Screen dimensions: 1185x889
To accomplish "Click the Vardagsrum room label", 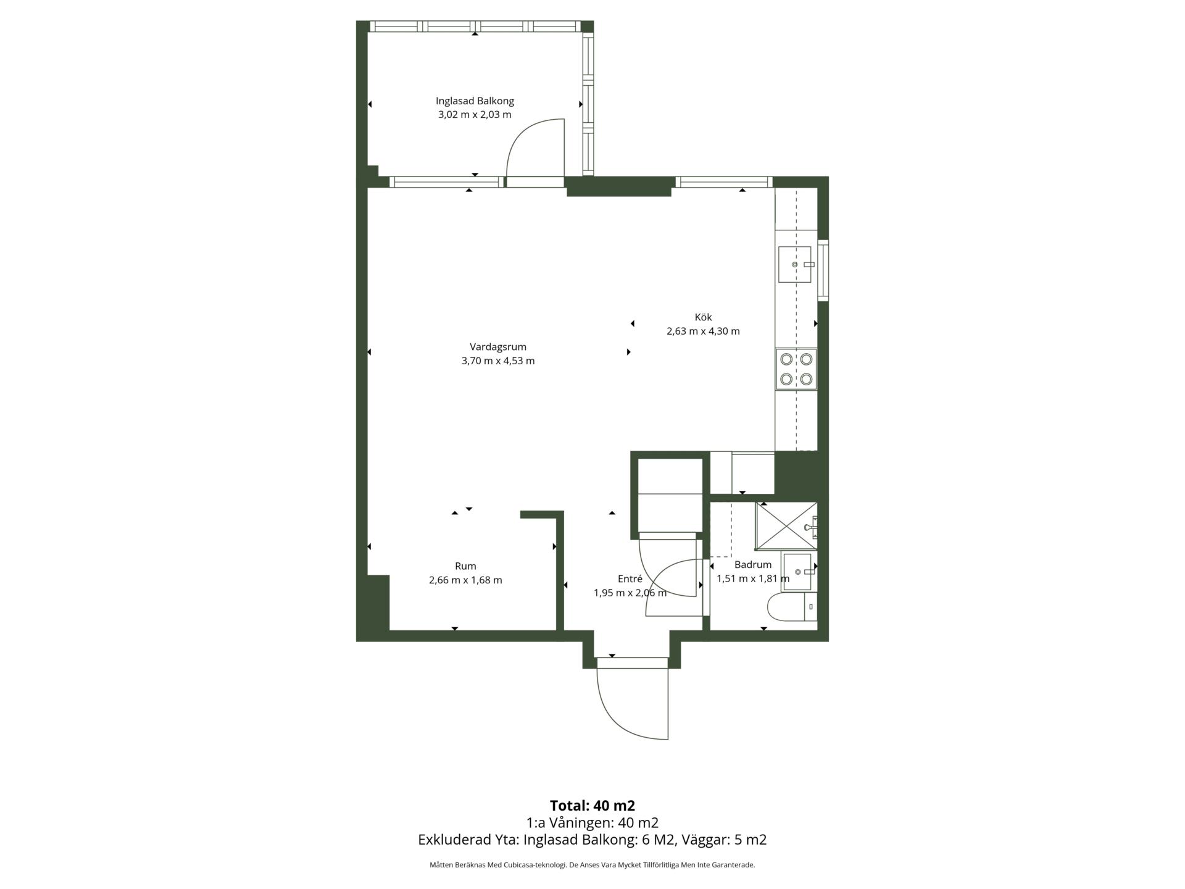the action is coord(497,347).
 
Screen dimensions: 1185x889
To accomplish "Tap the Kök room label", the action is coord(703,317).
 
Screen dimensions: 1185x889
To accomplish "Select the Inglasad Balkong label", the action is coord(475,101).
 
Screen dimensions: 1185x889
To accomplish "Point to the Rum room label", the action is coord(465,566).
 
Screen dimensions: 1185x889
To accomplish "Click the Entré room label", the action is coord(630,578).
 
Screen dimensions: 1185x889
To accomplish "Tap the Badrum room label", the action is coord(753,564).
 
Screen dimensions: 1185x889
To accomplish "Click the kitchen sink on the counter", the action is coord(795,264).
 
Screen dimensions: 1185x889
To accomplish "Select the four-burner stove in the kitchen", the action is coord(796,369).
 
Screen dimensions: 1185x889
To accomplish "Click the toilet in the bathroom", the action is coord(792,607).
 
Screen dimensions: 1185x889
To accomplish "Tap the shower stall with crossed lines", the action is coord(786,526).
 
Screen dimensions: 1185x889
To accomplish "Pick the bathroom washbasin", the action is coord(799,572).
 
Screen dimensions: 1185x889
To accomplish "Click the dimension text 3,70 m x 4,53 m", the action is coord(498,361).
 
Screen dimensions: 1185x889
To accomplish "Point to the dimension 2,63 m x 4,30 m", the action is coord(703,331).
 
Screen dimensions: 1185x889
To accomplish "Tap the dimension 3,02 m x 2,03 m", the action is coord(475,115).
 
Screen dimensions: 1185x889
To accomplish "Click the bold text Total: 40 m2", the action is coord(592,806).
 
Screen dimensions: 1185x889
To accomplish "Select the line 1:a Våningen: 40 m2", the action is coord(592,823).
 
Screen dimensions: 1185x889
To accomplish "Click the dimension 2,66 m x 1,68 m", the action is coord(465,580).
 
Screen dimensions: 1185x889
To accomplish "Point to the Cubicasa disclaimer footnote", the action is coord(592,865).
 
